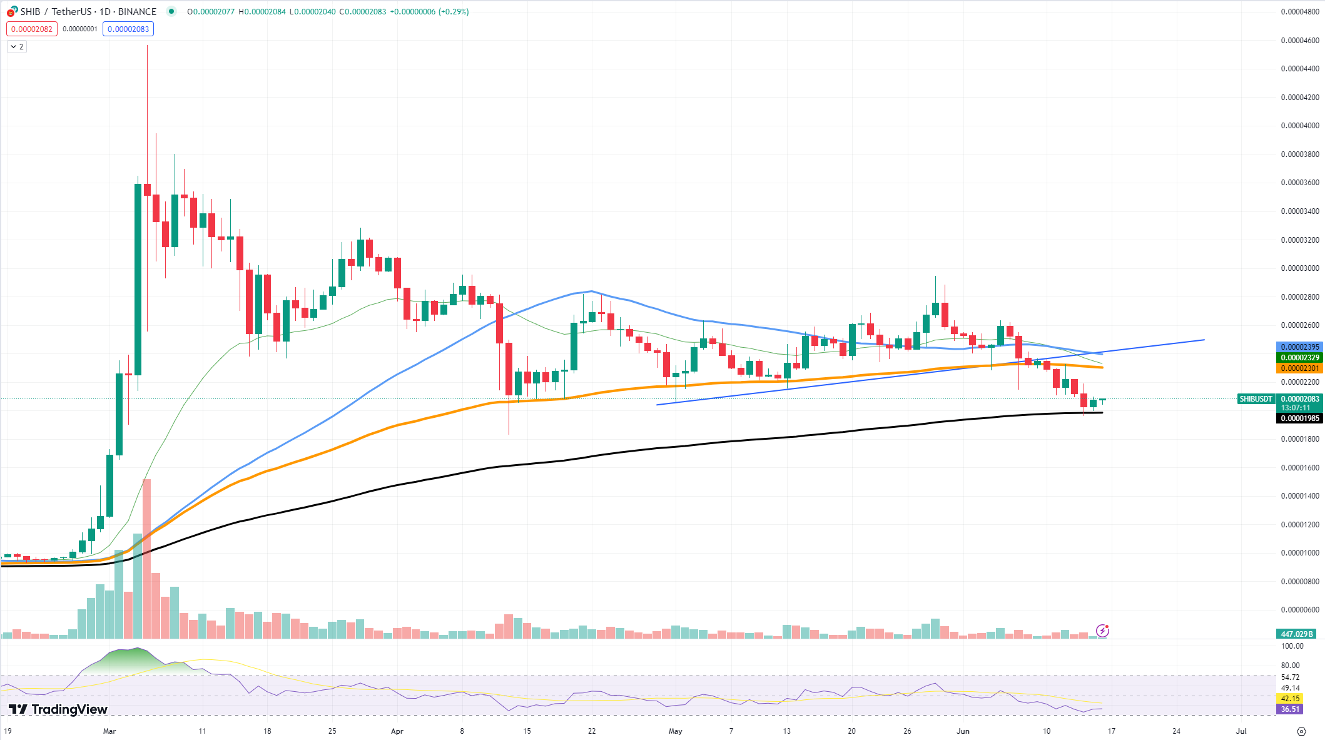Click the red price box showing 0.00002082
pos(32,29)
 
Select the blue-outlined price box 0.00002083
pos(128,29)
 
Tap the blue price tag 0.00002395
pos(1299,347)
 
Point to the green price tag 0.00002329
pos(1299,358)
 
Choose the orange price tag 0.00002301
pos(1299,368)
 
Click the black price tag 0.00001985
pos(1299,418)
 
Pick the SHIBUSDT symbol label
pos(1256,399)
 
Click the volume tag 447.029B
pos(1297,634)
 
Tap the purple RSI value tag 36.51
pos(1290,709)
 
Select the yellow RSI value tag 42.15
pos(1290,699)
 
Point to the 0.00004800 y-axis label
pos(1300,12)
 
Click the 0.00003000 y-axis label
pos(1300,268)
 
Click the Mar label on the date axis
pos(109,731)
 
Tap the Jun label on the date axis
pos(963,731)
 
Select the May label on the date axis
pos(675,731)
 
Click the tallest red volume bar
pos(147,557)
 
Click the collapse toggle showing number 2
pos(17,47)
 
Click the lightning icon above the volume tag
pos(1102,631)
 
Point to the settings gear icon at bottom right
pos(1301,731)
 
